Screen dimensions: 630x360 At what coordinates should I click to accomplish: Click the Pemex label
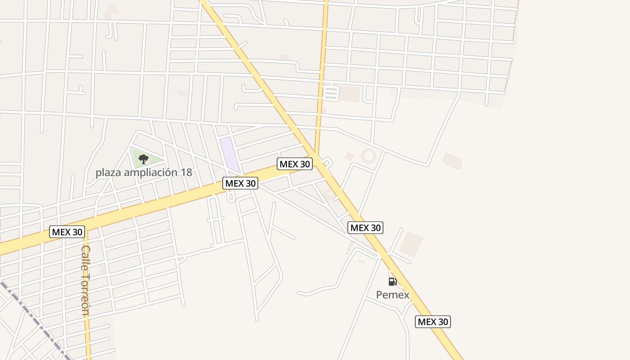pos(392,295)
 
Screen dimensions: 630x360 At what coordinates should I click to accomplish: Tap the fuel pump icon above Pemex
pos(392,282)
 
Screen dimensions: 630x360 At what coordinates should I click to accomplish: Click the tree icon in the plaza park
pos(144,159)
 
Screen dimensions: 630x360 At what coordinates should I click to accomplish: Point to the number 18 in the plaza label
pos(186,172)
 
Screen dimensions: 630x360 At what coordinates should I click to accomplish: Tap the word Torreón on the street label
pos(85,295)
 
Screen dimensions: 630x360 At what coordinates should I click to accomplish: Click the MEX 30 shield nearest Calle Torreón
pos(67,232)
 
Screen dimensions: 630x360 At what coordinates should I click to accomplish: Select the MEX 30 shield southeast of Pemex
pos(432,322)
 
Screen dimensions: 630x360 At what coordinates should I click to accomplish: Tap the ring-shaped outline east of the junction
pos(369,156)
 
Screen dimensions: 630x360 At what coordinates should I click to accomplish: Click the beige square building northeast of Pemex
pos(411,243)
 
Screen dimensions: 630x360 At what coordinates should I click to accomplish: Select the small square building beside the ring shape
pos(349,156)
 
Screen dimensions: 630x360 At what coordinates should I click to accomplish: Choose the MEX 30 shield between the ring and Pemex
pos(365,228)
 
